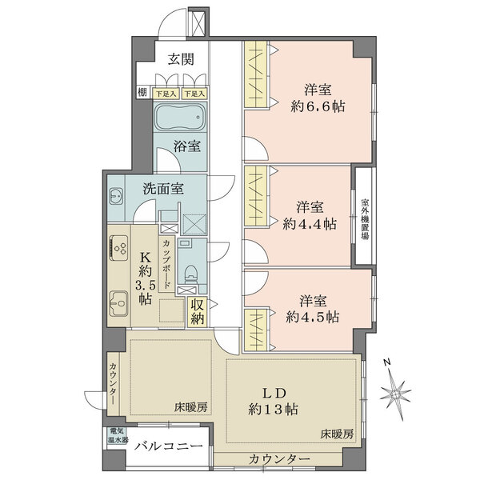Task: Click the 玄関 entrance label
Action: (181, 59)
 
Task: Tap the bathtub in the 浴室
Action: (180, 117)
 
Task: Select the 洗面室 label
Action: (163, 189)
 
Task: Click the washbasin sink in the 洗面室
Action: (116, 196)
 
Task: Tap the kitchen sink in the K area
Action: (118, 303)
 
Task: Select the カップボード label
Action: (167, 263)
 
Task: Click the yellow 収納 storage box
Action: (198, 312)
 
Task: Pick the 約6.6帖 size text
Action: (318, 106)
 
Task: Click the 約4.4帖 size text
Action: (310, 224)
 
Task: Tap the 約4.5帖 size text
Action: (313, 317)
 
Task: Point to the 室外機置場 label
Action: (365, 219)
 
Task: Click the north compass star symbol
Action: (395, 394)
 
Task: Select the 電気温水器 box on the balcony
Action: (118, 436)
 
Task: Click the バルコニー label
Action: (169, 446)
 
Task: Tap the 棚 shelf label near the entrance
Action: (142, 92)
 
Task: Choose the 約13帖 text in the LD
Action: (273, 409)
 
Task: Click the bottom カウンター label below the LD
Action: (279, 459)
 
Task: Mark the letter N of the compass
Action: (387, 362)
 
